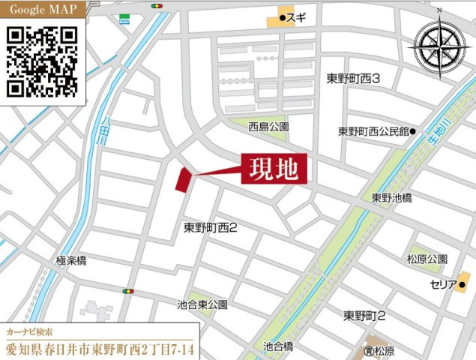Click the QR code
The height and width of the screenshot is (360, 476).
43,61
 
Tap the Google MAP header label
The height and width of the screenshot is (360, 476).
42,11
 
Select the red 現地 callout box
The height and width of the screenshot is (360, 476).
275,169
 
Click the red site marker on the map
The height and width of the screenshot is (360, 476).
181,180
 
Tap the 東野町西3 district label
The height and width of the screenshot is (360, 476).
355,79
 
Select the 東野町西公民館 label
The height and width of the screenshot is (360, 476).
373,130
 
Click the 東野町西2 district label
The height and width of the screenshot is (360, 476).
211,226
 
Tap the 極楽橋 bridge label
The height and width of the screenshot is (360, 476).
71,260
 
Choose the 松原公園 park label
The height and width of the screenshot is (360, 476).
427,259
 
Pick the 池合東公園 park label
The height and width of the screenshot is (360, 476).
202,305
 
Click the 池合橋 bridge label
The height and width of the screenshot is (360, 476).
278,347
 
